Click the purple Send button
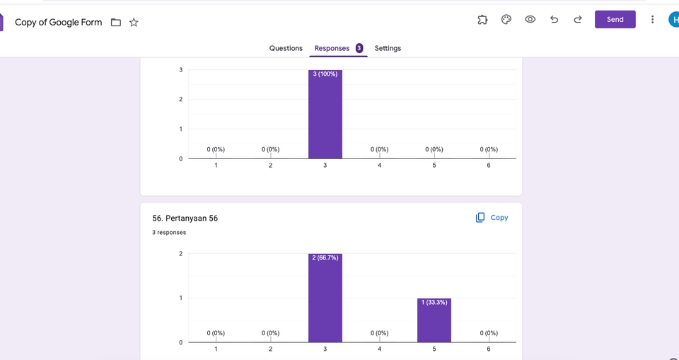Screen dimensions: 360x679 (x=615, y=20)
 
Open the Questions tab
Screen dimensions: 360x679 (x=286, y=48)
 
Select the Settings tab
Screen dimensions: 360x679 (x=388, y=48)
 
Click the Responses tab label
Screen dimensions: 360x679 (x=332, y=48)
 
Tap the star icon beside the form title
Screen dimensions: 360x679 (x=134, y=23)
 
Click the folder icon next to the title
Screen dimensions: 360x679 (x=116, y=23)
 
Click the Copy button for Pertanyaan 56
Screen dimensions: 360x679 (x=492, y=218)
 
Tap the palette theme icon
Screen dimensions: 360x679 (x=506, y=20)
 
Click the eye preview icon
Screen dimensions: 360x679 (x=530, y=20)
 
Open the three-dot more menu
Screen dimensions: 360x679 (x=652, y=20)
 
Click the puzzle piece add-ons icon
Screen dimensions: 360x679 (x=482, y=20)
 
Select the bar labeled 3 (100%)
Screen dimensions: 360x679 (x=325, y=114)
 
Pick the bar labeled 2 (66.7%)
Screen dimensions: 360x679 (x=325, y=298)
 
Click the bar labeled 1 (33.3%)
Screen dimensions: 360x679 (x=434, y=320)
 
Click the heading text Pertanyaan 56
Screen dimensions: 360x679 (x=185, y=219)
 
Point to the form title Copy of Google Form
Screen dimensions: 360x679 (x=58, y=23)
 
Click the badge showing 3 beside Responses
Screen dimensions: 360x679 (x=359, y=48)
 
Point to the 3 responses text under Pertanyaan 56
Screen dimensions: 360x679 (x=169, y=233)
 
